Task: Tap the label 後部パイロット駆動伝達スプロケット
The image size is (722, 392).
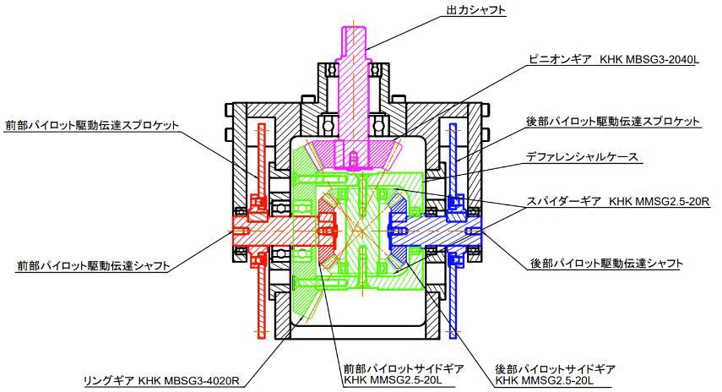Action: [x=614, y=122]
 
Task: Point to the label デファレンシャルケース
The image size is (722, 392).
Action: [x=582, y=156]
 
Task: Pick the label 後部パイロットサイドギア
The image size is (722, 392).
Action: [x=556, y=369]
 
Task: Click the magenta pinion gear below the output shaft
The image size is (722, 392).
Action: [x=352, y=155]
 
